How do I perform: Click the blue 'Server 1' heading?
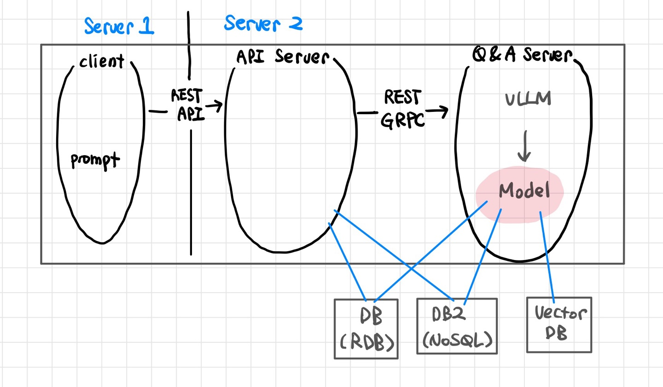point(119,26)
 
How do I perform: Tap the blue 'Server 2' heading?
point(263,23)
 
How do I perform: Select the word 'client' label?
point(101,61)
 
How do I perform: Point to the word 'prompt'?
point(95,161)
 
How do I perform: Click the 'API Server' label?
point(282,57)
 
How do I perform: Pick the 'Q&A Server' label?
point(522,55)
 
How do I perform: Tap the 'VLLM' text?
point(528,99)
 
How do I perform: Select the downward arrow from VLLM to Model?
point(524,146)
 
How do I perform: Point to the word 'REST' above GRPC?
point(402,98)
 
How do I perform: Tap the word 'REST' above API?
point(186,96)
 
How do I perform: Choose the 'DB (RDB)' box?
point(366,328)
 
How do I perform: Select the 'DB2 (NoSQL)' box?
point(457,326)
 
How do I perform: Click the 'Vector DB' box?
point(559,324)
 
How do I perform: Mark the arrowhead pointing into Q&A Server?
point(443,111)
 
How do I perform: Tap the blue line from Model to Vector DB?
point(547,258)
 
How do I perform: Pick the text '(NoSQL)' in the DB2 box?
point(457,340)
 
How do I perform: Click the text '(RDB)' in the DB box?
point(367,342)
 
